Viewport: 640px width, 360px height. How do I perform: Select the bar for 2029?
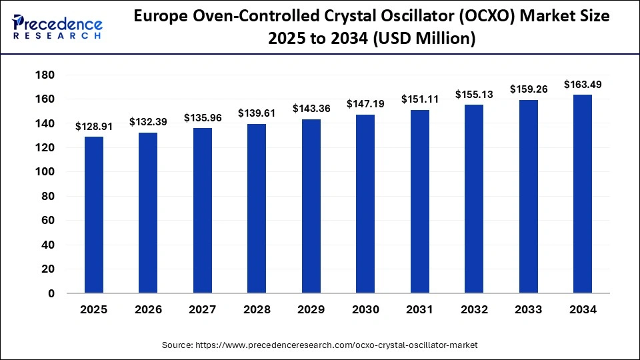coord(311,206)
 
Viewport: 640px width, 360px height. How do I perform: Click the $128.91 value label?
coord(93,126)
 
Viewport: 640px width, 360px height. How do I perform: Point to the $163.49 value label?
coord(582,84)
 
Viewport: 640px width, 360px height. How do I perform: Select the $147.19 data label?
coord(365,104)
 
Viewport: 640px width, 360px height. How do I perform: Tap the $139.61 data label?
coord(257,113)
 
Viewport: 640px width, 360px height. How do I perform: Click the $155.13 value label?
coord(474,94)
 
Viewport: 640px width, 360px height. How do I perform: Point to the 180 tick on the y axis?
coord(46,75)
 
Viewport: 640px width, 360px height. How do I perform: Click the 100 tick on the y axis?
coord(46,172)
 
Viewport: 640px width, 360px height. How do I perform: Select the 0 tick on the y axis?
coord(51,293)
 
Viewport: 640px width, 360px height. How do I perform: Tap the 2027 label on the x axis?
coord(203,310)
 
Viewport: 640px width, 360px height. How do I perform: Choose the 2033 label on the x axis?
coord(528,310)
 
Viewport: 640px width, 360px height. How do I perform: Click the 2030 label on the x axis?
coord(365,310)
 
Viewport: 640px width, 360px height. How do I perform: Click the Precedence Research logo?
coord(57,27)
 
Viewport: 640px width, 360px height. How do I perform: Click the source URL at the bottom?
coord(320,345)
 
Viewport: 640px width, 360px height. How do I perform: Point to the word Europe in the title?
coord(159,16)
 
